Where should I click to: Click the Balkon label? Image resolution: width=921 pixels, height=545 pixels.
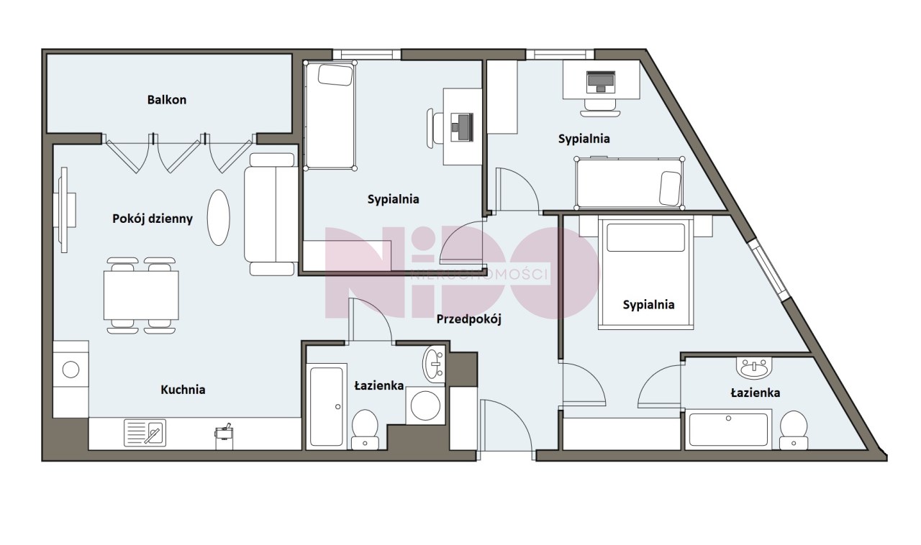166,100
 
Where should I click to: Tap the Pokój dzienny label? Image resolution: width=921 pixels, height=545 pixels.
153,219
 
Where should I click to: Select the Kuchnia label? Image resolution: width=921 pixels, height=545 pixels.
183,390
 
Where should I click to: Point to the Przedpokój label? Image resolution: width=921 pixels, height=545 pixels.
468,319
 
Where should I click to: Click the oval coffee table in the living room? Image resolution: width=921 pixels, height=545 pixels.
218,217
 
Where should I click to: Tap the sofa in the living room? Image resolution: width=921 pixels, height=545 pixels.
271,214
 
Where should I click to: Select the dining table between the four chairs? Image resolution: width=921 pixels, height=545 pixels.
141,295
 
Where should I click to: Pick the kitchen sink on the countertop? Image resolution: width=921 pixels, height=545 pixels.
145,433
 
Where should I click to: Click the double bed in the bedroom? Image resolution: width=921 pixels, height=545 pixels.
646,274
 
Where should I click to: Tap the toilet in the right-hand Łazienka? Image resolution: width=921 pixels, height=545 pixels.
794,431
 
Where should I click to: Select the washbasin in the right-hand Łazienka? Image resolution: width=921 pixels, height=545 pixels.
754,368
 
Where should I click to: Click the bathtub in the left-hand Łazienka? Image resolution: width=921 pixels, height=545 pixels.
327,406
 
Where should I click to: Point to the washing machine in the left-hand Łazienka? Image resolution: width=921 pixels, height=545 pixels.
425,406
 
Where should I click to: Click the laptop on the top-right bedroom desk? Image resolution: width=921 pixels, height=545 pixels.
601,82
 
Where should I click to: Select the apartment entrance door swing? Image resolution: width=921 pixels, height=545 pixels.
507,429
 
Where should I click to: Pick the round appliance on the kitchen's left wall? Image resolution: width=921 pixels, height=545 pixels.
71,370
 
